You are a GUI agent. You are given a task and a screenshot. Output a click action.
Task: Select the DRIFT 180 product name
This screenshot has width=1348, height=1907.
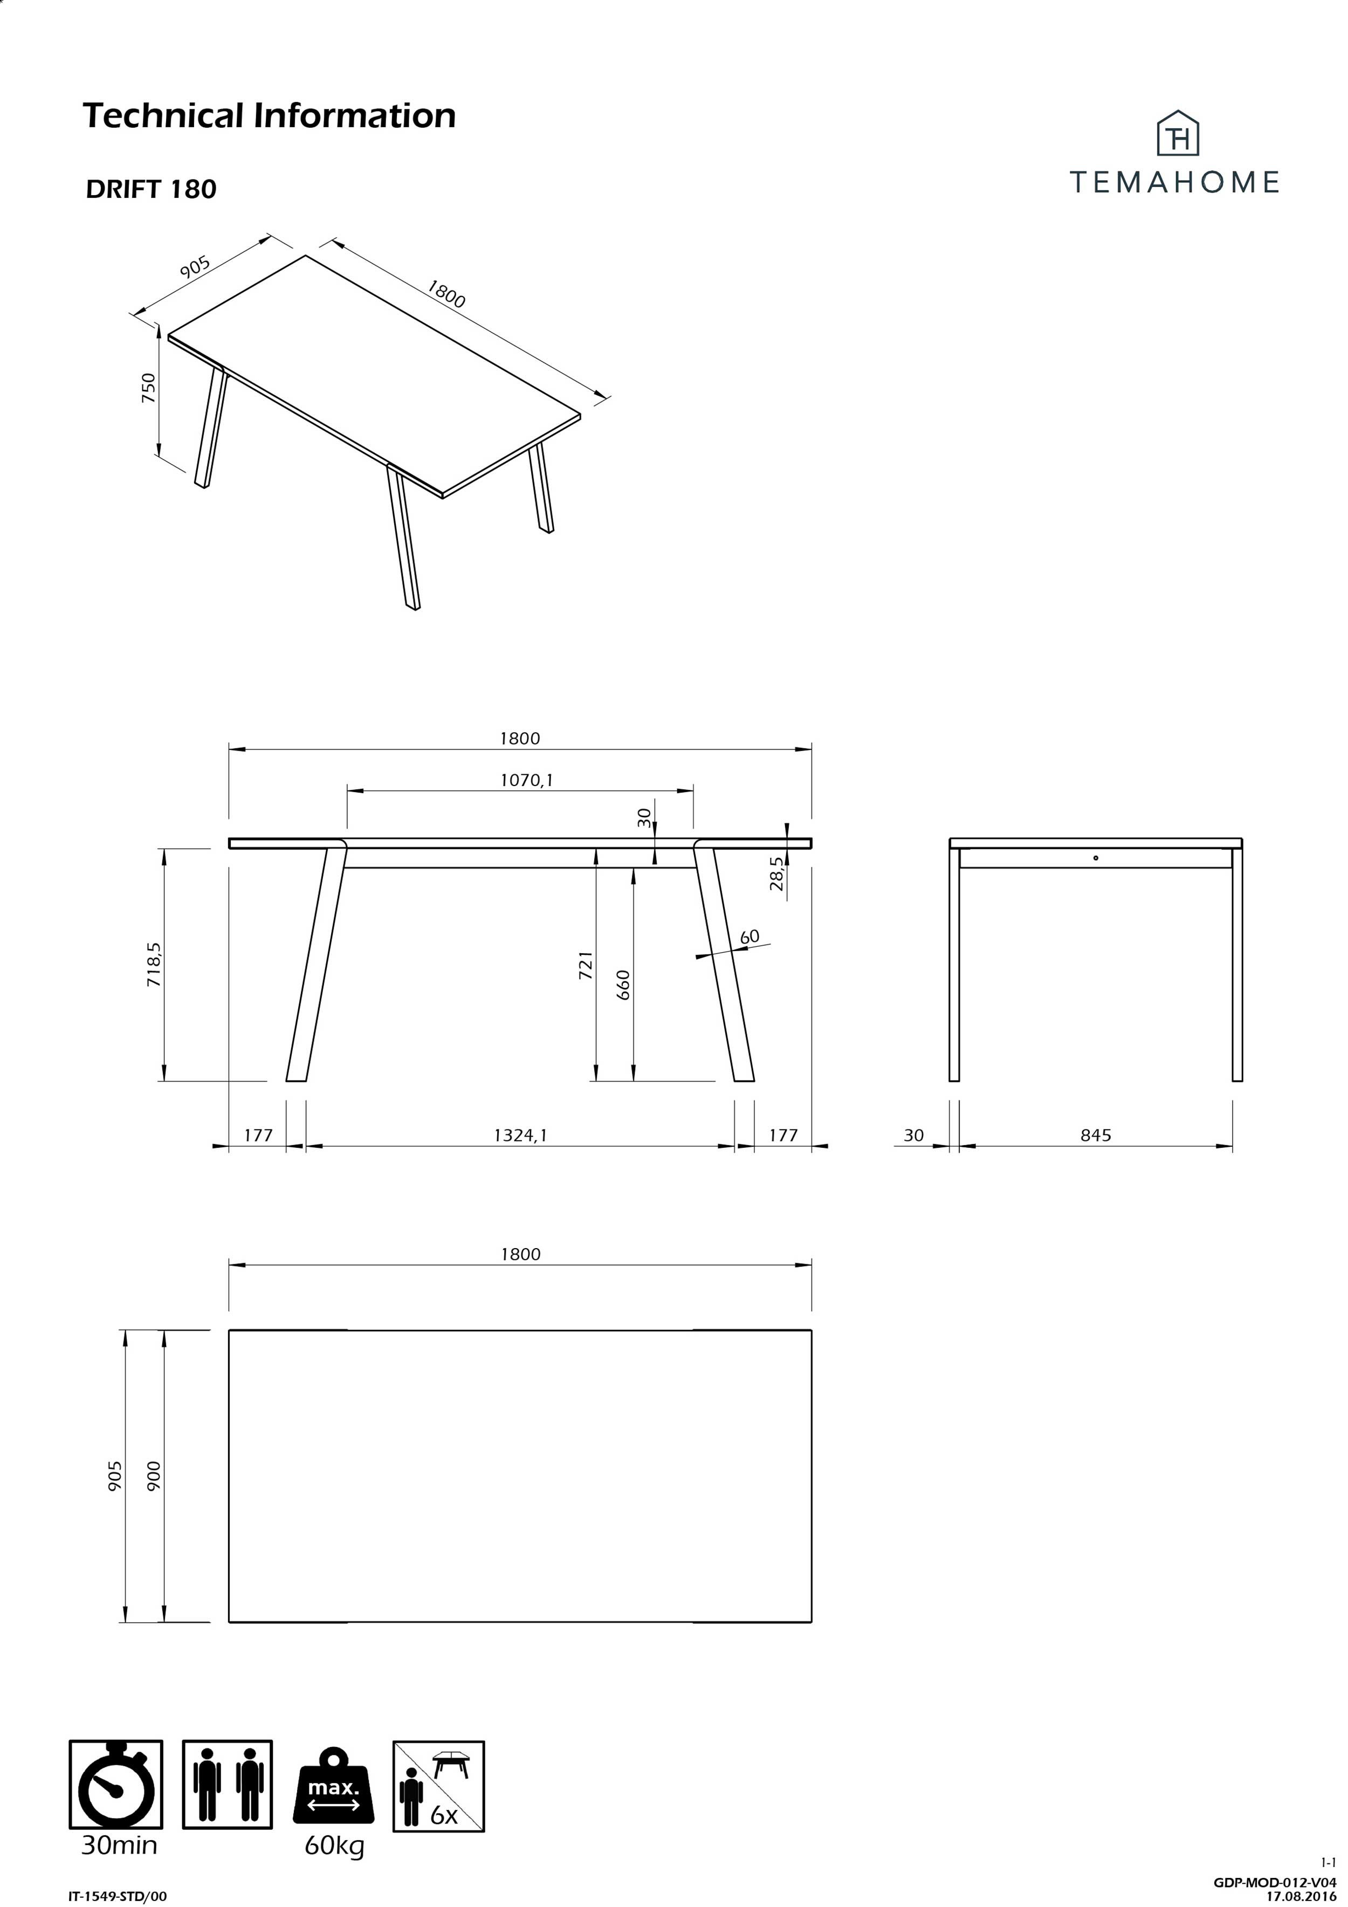point(151,189)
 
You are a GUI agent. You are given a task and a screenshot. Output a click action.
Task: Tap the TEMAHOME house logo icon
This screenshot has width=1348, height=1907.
point(1178,135)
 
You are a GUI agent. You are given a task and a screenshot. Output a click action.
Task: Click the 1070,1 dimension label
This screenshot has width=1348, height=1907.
point(527,780)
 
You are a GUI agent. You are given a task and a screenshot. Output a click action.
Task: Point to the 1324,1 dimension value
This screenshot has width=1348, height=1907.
point(521,1134)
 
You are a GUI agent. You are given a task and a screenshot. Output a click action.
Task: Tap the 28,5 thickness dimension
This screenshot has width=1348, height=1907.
point(776,874)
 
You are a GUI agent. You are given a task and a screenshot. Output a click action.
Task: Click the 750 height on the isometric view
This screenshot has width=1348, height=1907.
point(148,388)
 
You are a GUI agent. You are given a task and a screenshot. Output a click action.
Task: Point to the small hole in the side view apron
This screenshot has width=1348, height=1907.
point(1096,857)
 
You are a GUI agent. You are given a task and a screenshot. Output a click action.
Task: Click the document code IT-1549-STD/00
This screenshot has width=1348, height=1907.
point(117,1895)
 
